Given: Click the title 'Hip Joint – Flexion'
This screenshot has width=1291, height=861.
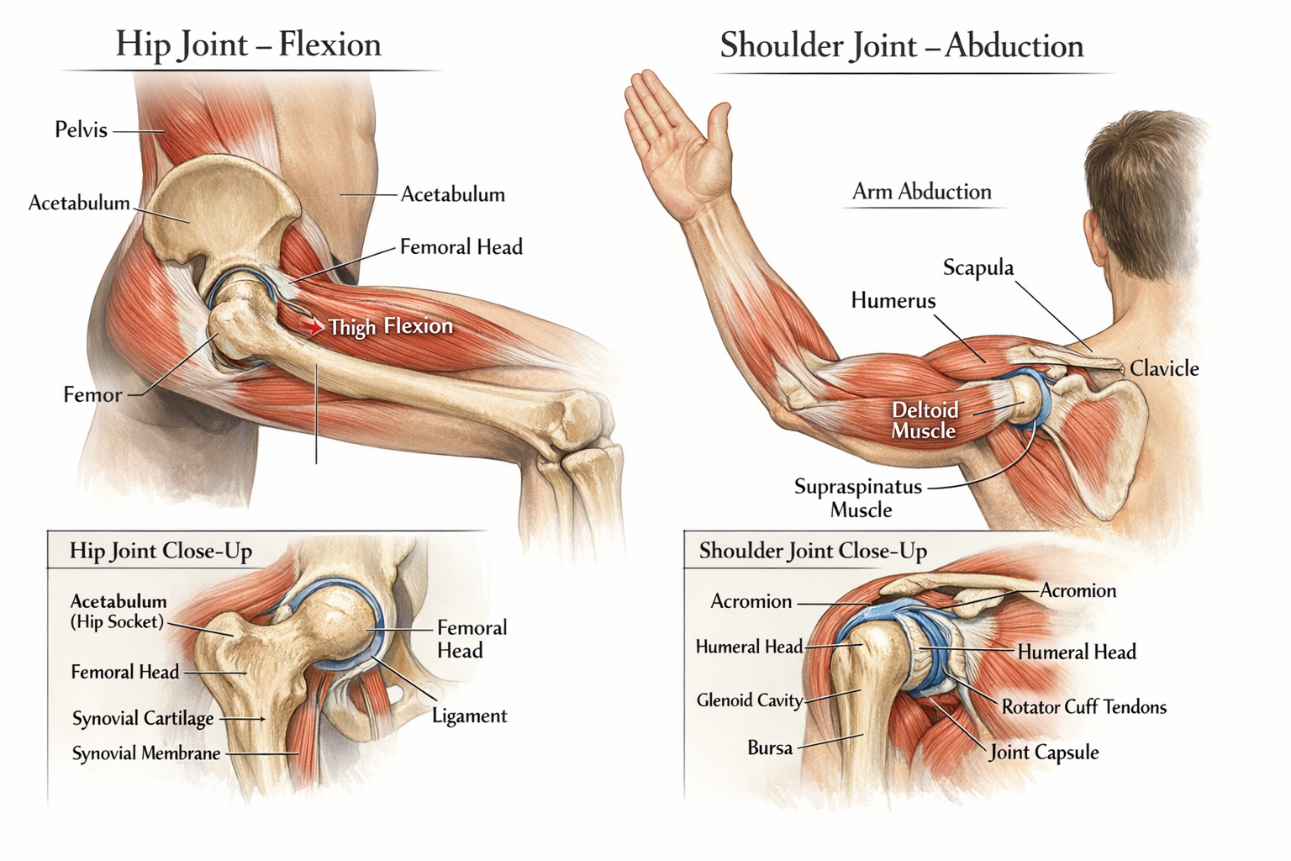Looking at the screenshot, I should click(x=248, y=44).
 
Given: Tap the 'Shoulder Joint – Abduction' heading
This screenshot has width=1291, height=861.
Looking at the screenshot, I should click(x=901, y=45).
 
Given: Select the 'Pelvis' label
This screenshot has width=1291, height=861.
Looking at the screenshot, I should click(x=81, y=129).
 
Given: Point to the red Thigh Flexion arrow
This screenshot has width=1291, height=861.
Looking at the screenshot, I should click(x=314, y=326).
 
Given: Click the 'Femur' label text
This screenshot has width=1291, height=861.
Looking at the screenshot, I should click(x=92, y=394).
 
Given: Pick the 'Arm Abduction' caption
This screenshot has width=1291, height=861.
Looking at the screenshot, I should click(x=921, y=192).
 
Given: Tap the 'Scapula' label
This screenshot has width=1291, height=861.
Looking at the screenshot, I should click(x=977, y=267).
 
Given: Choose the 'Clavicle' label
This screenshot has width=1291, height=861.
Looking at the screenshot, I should click(x=1163, y=368).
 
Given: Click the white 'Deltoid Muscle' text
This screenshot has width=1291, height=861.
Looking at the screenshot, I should click(x=924, y=420).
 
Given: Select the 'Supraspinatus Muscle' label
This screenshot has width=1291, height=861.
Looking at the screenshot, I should click(x=858, y=498).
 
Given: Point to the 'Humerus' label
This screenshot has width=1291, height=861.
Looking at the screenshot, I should click(x=893, y=300).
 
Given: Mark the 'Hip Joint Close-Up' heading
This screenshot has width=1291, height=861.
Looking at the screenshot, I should click(x=161, y=551).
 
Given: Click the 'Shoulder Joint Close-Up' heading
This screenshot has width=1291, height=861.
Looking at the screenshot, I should click(x=813, y=551).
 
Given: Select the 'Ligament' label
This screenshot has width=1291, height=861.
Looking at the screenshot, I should click(x=469, y=716).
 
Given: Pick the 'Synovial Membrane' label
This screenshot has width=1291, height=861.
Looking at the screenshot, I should click(x=145, y=753).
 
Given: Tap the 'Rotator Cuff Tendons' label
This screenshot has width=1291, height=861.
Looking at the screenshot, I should click(x=1083, y=707).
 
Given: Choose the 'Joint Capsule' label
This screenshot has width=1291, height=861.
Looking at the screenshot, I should click(x=1044, y=753).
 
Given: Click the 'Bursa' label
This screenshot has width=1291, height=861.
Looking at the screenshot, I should click(x=770, y=747).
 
